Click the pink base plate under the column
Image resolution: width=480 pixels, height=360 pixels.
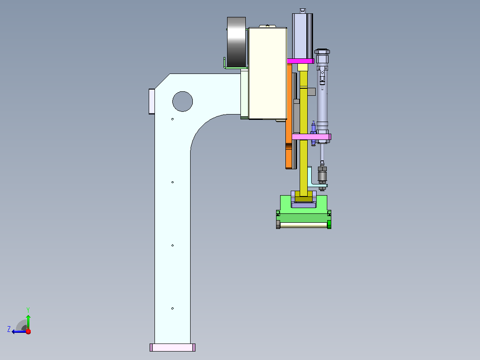(173, 348)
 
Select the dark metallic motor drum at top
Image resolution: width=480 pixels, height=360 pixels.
(236, 42)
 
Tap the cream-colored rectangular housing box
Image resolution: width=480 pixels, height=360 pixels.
(268, 73)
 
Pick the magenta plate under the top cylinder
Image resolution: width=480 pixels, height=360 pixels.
(301, 61)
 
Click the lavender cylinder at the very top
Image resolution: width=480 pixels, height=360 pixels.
(302, 36)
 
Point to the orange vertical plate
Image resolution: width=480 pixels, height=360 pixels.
(289, 116)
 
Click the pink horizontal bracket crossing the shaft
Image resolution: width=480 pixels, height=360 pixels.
(311, 137)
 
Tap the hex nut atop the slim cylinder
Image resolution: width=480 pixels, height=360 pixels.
(322, 52)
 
